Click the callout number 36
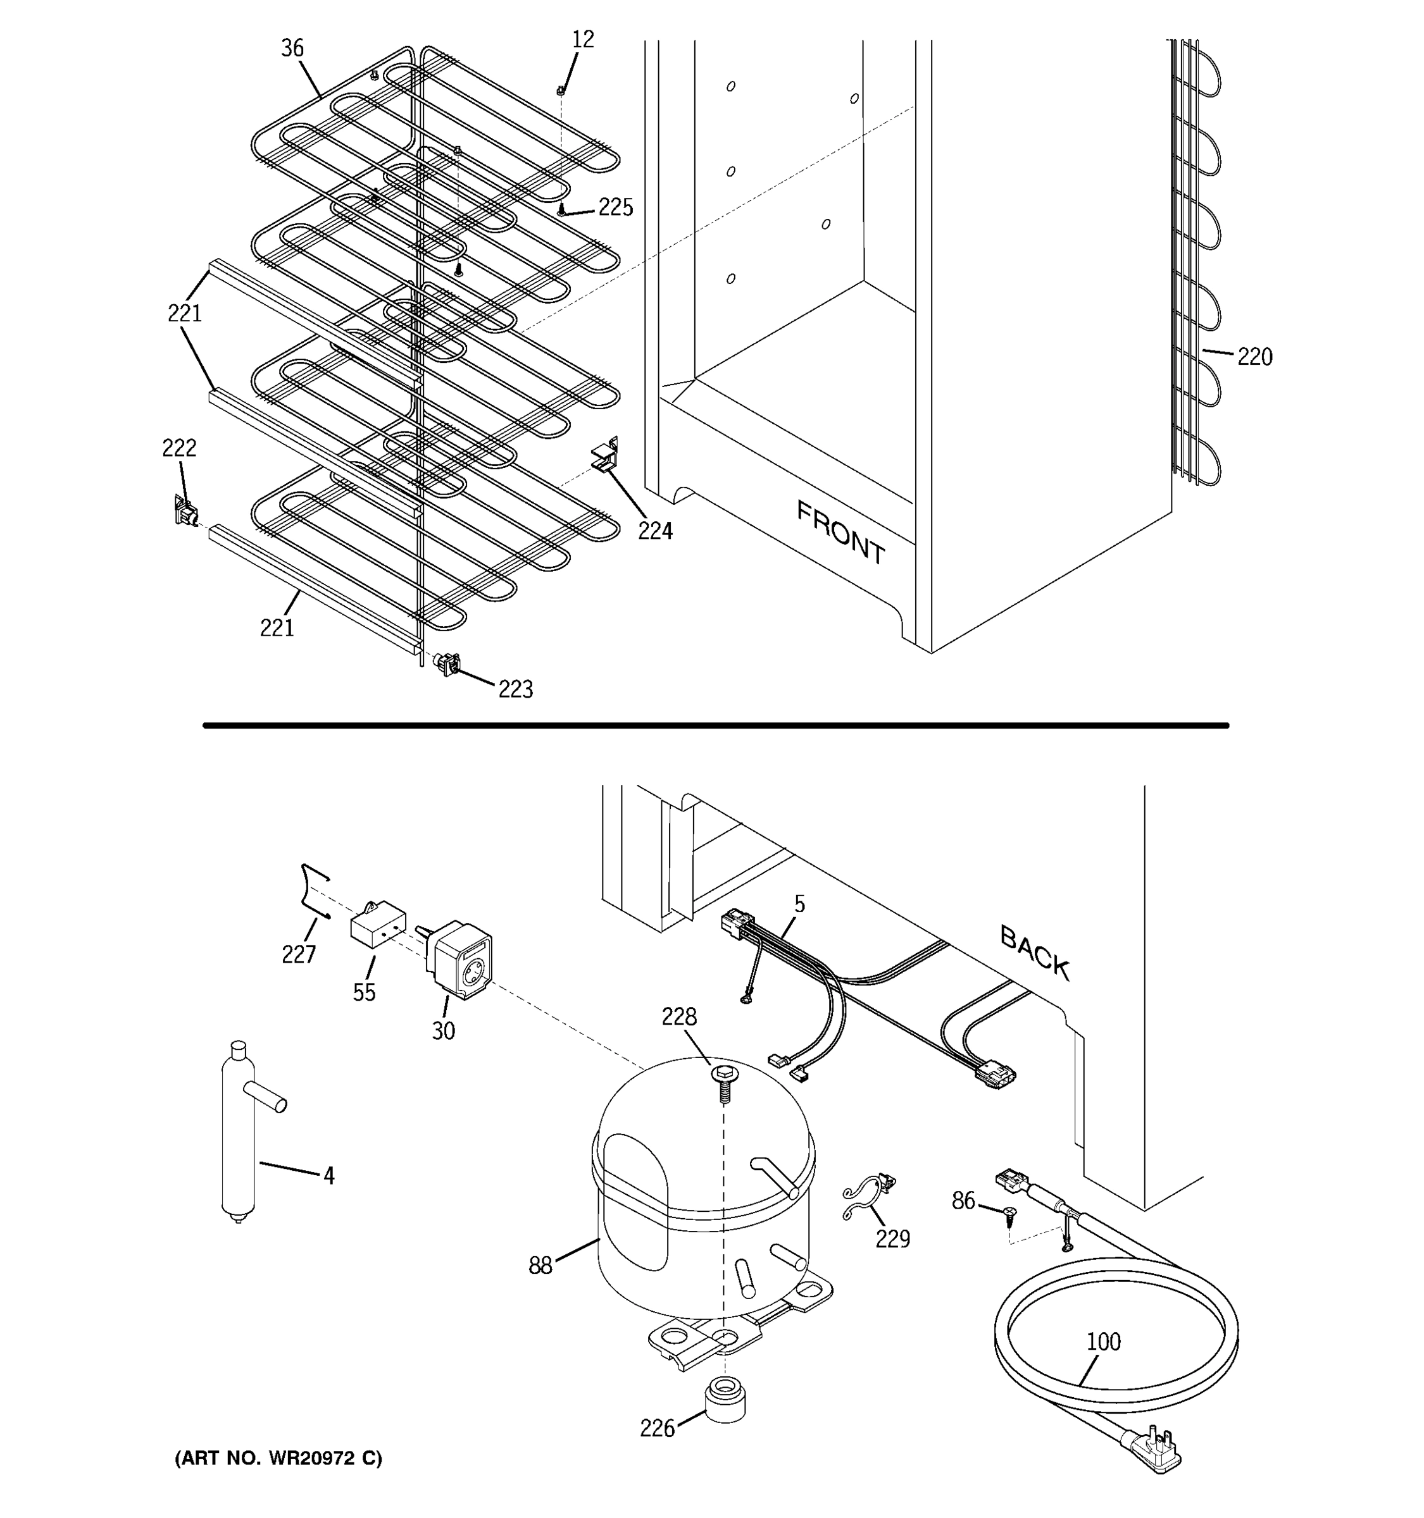pos(292,48)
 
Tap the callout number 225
pos(615,207)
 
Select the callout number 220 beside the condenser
pos(1254,357)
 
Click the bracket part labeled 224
pos(605,458)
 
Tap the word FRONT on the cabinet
pos(840,532)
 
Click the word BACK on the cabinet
pos(1034,953)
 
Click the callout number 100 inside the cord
pos(1102,1342)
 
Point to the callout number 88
pos(539,1266)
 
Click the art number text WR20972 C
pos(279,1459)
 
